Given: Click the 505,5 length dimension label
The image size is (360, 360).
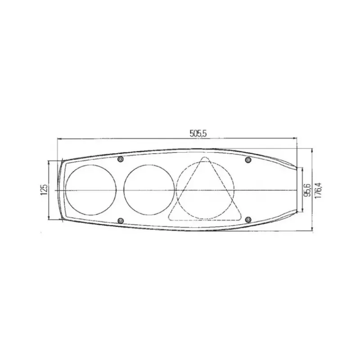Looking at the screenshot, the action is [x=198, y=133].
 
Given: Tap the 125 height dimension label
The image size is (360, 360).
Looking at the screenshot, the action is [x=44, y=189].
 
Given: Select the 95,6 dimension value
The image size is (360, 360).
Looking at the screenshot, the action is [x=307, y=190].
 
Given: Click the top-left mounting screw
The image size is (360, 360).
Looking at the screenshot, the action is [x=120, y=159].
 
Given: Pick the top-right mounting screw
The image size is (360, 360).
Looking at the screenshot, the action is [x=248, y=160].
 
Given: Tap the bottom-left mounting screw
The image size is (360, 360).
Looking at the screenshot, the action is [x=120, y=220].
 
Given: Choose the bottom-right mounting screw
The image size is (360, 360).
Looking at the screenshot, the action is [x=248, y=220].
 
